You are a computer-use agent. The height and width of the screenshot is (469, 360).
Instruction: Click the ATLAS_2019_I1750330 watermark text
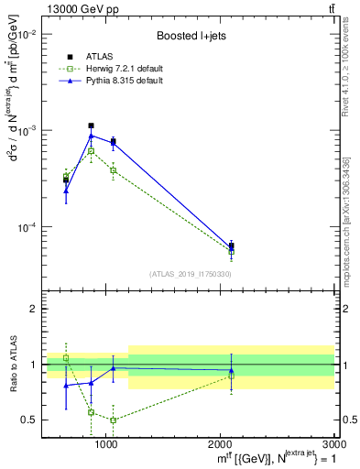click(191, 274)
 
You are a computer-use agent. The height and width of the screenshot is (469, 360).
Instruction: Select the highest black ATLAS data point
click(91, 125)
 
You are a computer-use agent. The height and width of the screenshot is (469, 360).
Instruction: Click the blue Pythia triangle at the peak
click(91, 136)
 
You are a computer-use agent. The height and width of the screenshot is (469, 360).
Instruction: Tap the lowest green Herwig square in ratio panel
click(113, 420)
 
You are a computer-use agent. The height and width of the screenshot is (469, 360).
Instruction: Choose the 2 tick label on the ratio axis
click(35, 310)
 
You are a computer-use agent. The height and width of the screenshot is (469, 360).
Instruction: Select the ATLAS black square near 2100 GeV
click(231, 245)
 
